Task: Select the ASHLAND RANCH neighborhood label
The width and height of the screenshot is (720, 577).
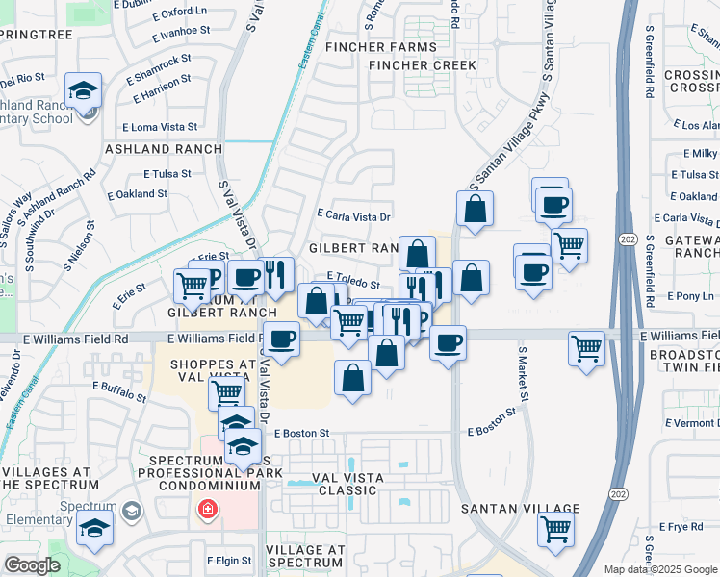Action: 163,149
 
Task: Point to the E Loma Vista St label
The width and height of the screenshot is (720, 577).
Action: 160,126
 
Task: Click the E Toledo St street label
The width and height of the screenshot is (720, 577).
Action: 353,275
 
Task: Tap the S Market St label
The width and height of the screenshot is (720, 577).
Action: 525,375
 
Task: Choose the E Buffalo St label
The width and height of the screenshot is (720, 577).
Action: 119,387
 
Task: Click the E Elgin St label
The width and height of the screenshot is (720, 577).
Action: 228,560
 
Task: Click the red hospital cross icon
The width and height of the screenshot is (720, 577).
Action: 206,509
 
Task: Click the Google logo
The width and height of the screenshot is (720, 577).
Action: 32,565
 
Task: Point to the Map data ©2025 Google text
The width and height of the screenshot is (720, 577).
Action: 660,569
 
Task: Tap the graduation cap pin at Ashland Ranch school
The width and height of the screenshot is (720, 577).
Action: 84,91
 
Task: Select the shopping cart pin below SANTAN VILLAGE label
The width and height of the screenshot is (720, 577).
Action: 556,527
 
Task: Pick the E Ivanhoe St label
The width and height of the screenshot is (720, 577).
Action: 182,31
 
